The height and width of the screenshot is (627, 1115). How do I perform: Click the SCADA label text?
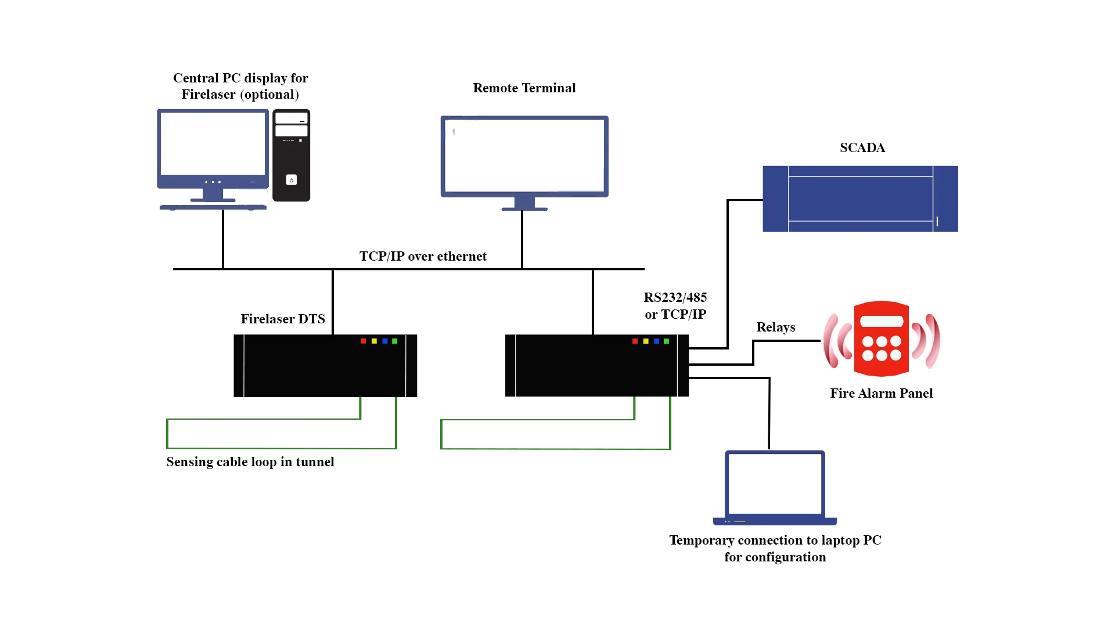(862, 148)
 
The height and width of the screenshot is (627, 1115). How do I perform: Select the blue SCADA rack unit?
(860, 199)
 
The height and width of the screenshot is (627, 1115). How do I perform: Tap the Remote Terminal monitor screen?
(524, 156)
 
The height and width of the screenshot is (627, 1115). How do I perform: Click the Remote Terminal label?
(524, 88)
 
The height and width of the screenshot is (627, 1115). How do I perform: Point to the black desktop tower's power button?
(292, 180)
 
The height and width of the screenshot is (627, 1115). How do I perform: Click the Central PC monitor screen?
(213, 143)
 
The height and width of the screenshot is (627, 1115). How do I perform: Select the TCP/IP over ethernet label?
(423, 257)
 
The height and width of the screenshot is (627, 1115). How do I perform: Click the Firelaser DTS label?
(283, 319)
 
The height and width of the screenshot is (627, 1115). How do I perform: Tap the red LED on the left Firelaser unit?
(364, 341)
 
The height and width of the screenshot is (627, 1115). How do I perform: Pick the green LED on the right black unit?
(666, 341)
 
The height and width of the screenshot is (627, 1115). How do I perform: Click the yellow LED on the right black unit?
(646, 341)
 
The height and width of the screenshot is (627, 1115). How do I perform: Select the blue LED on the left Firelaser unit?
(384, 341)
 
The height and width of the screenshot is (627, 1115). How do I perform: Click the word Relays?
(775, 327)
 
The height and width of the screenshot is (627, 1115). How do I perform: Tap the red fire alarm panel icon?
(881, 339)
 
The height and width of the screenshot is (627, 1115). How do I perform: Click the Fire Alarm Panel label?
(881, 394)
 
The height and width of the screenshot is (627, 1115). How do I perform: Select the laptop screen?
(775, 483)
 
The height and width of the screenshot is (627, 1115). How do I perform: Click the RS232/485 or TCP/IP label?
(675, 306)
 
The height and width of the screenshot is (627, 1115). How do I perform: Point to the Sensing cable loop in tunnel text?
(250, 462)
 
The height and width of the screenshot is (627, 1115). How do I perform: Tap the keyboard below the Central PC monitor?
(213, 207)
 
